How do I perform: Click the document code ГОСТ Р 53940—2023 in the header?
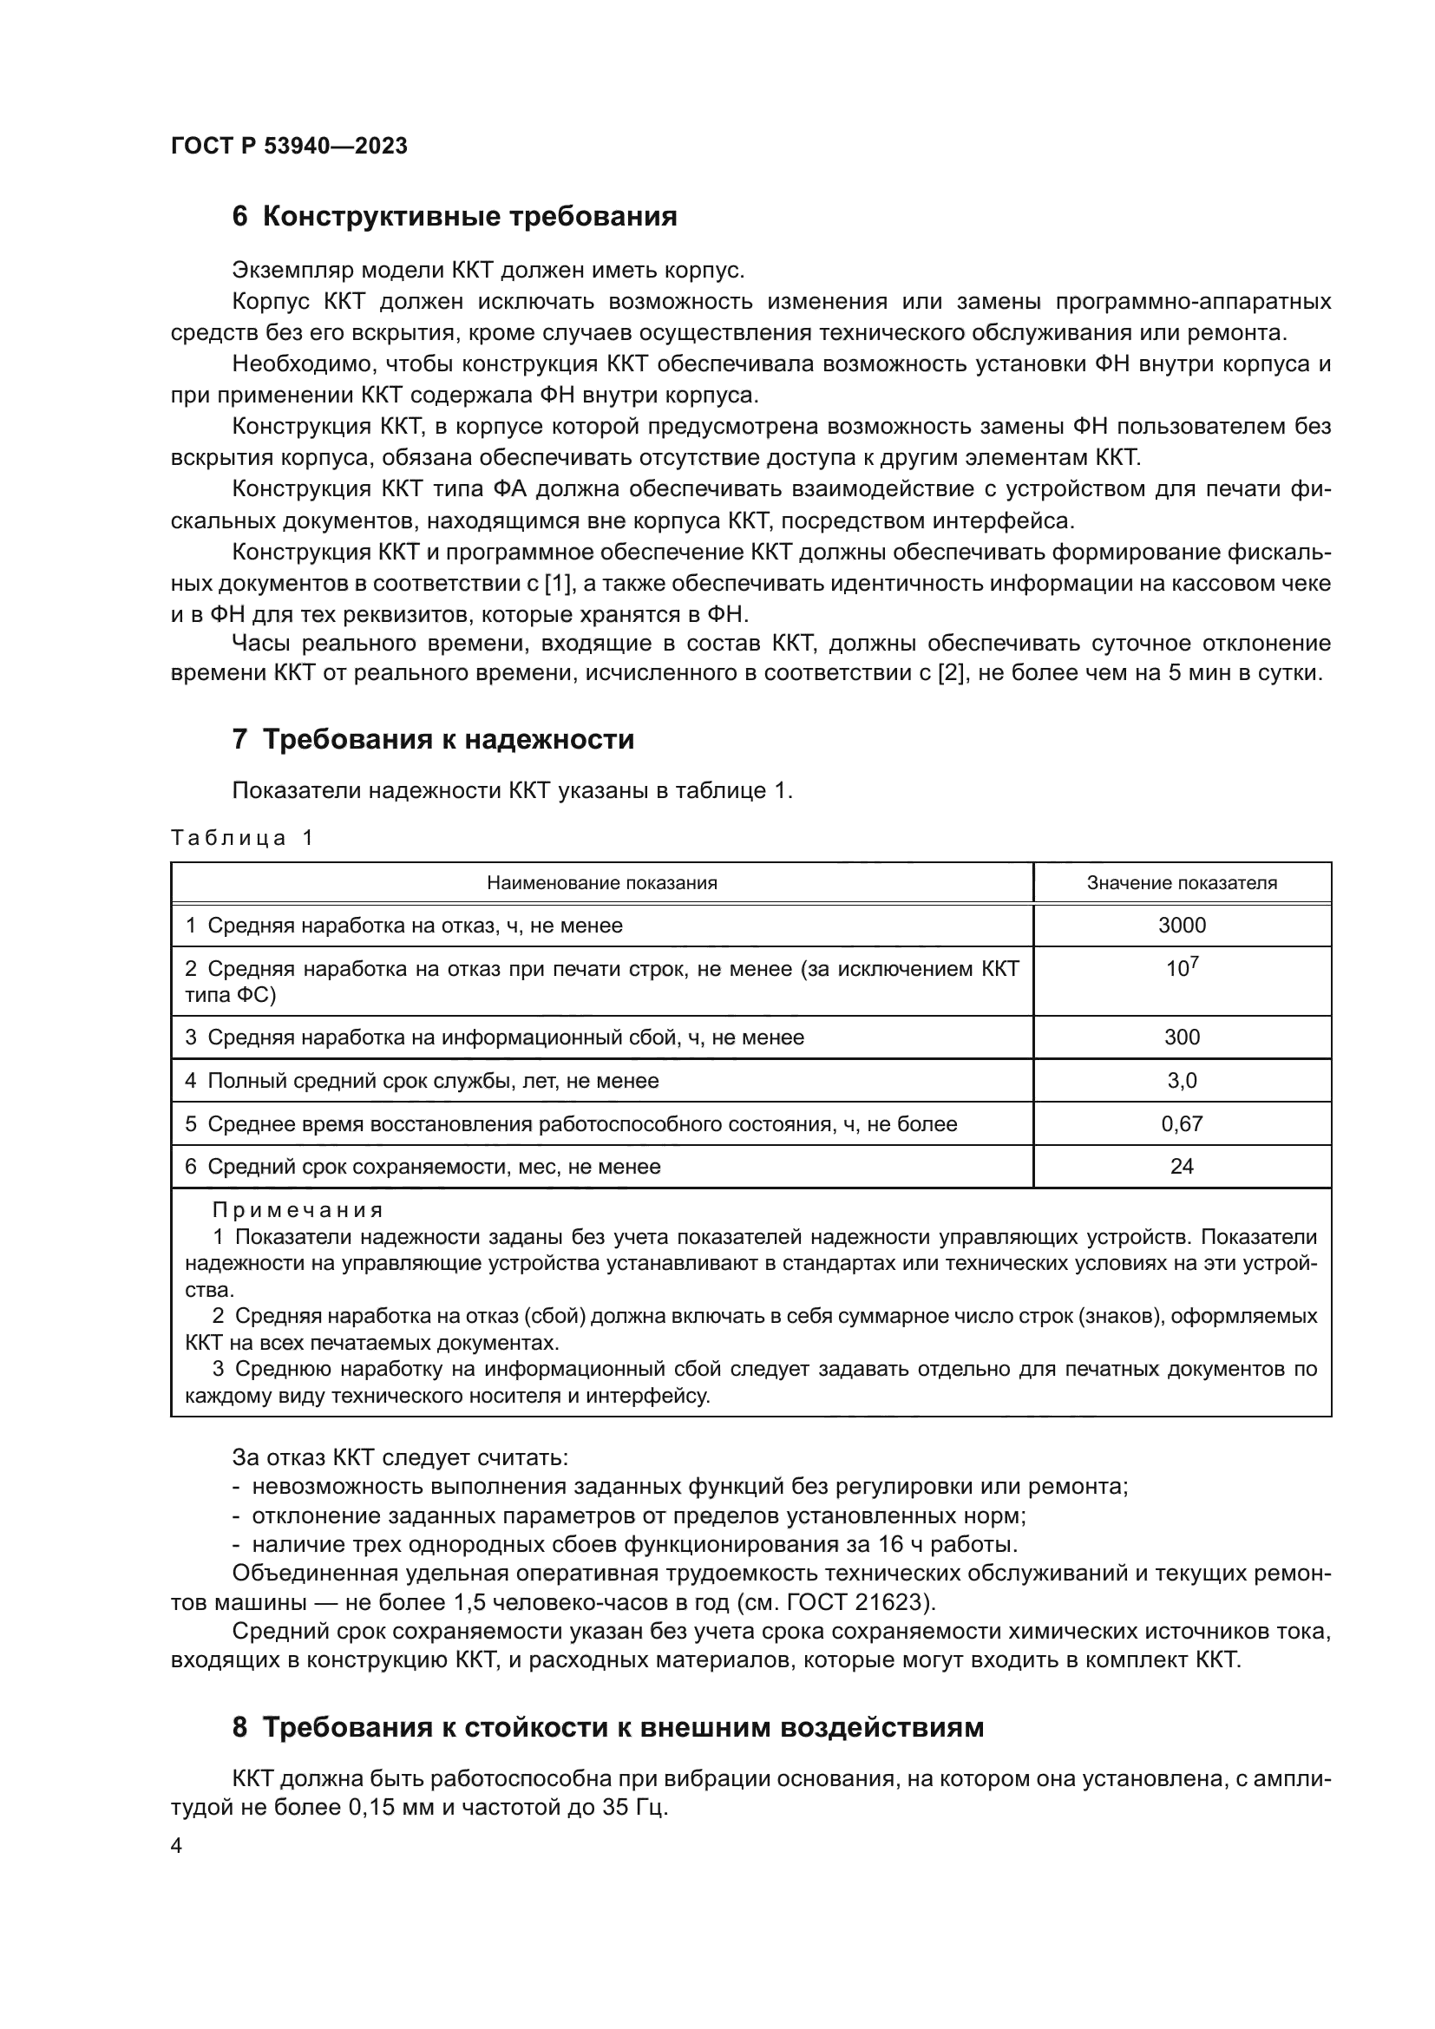[x=289, y=146]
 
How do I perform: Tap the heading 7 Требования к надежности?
[x=433, y=739]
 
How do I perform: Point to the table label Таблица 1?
[x=241, y=838]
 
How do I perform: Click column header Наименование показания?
[x=602, y=883]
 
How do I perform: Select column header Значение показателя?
[x=1182, y=883]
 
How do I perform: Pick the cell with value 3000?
[x=1182, y=926]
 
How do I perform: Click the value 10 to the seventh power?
[x=1182, y=969]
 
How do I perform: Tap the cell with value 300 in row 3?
[x=1182, y=1037]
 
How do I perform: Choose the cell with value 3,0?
[x=1182, y=1081]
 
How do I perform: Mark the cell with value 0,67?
[x=1182, y=1124]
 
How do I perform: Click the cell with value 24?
[x=1182, y=1167]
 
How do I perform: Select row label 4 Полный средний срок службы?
[x=422, y=1081]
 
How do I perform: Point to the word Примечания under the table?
[x=298, y=1210]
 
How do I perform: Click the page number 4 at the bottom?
[x=177, y=1846]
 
